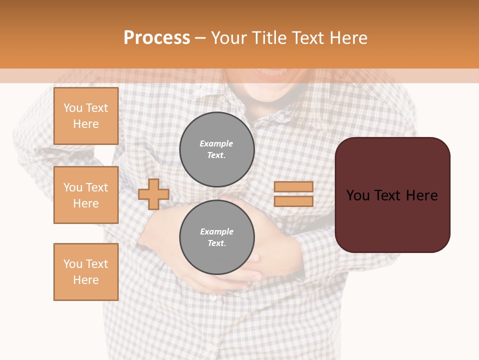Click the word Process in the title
157,38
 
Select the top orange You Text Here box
86,116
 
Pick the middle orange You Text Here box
86,195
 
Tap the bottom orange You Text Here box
86,272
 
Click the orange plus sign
154,194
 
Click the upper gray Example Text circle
217,149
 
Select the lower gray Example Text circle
217,237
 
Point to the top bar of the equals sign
293,186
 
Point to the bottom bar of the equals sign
293,201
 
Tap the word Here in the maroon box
422,195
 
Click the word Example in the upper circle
217,143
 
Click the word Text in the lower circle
216,243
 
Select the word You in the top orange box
72,108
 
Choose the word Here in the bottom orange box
86,280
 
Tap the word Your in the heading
229,38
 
